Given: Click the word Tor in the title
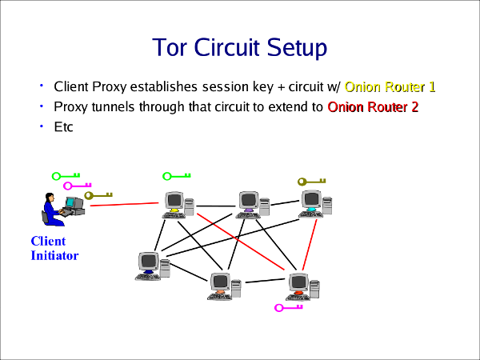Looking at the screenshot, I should [170, 48].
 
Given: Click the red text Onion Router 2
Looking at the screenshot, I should [373, 106].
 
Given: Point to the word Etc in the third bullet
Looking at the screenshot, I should [63, 126].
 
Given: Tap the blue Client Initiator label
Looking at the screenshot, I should [54, 248].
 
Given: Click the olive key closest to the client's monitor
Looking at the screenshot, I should [98, 194].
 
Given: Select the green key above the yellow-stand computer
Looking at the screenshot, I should [176, 176].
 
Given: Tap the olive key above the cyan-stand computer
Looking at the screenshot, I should [313, 181].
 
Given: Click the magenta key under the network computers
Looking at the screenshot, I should [289, 306].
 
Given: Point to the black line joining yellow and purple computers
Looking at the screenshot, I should [214, 206].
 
